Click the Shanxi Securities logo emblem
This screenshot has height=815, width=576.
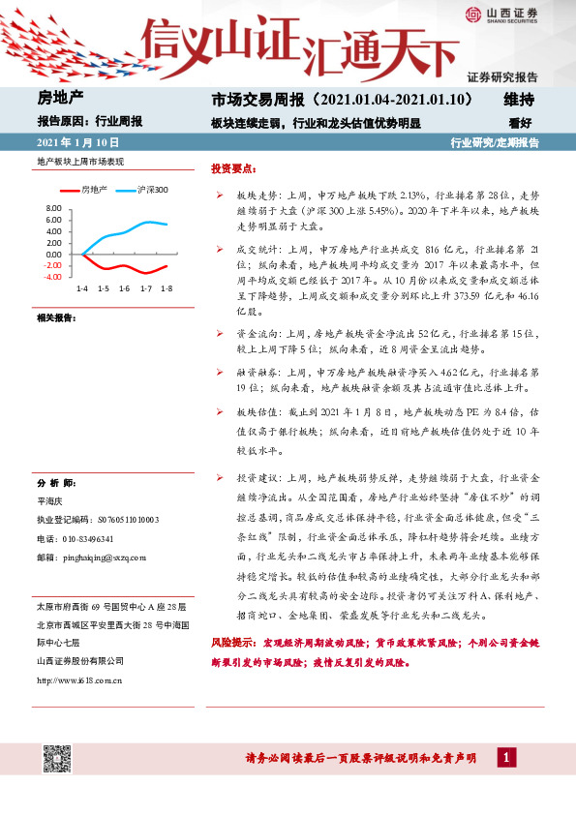coord(473,14)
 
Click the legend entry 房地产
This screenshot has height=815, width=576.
coord(93,189)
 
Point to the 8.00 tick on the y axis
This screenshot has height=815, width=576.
coord(52,208)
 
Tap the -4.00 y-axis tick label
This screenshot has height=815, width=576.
coord(52,276)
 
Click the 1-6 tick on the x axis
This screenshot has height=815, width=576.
coord(124,288)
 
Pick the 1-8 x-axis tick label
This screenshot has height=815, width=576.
coord(166,288)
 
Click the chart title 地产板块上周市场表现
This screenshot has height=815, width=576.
coord(82,161)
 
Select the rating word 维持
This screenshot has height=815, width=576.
coord(519,100)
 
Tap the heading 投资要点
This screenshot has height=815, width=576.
coord(231,168)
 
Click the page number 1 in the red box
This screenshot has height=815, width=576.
coord(504,756)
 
